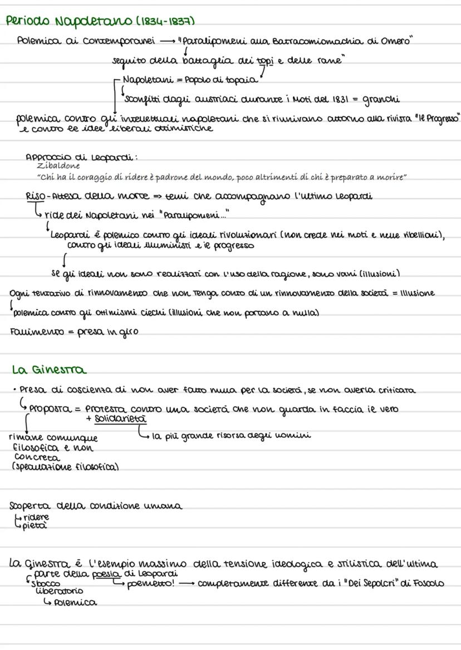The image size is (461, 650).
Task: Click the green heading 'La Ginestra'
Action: pos(49,370)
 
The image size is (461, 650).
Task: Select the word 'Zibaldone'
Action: pos(58,165)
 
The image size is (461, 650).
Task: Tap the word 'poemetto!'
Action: pos(149,583)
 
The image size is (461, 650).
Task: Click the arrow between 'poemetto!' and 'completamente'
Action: pos(186,583)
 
